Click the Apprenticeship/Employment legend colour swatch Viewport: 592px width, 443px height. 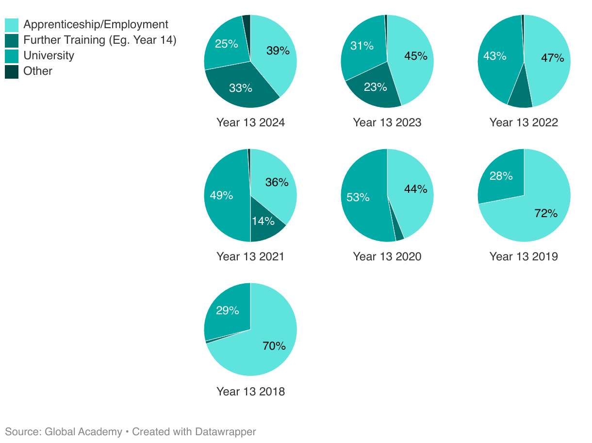[12, 25]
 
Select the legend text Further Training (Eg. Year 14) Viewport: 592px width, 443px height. [100, 40]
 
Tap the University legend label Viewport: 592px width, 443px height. [49, 55]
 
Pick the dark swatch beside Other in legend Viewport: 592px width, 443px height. [12, 71]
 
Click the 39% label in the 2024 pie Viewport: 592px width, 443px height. [278, 51]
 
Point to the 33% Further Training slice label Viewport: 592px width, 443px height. [241, 88]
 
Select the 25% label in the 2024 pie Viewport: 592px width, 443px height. [226, 44]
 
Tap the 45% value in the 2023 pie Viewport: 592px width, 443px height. [416, 56]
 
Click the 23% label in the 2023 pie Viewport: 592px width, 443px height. [376, 87]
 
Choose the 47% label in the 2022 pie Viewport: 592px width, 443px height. [552, 58]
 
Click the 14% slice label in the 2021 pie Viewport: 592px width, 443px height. [263, 221]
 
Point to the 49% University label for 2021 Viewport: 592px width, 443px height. [221, 195]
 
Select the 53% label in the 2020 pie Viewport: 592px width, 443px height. [358, 197]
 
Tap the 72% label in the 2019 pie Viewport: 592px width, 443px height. [546, 213]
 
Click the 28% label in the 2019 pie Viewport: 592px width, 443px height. [501, 176]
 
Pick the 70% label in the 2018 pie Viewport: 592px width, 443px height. [274, 346]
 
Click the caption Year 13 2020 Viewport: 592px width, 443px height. [387, 256]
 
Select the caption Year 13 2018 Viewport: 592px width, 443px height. [250, 392]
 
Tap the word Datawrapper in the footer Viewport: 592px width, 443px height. [226, 432]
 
